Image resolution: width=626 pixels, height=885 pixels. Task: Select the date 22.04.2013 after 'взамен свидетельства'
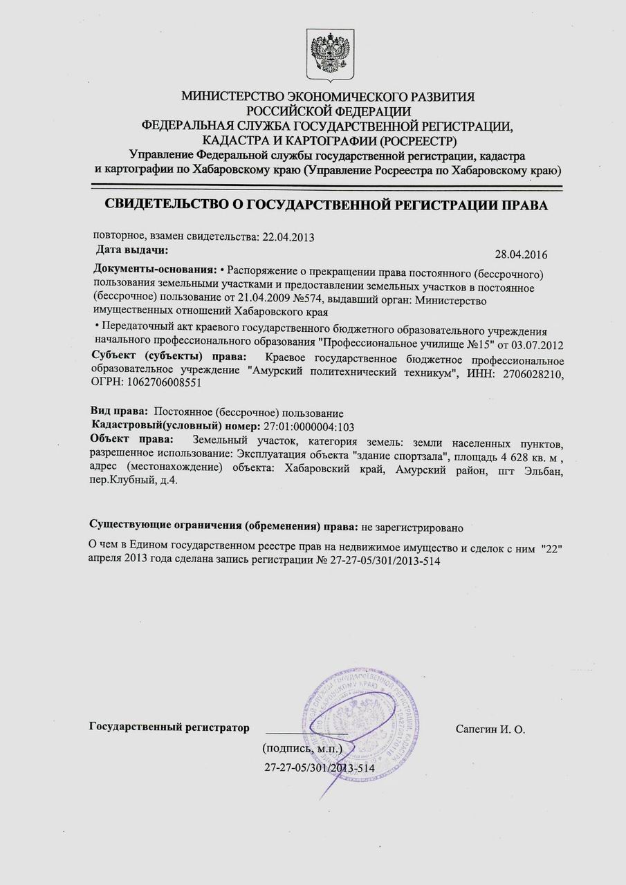pos(288,237)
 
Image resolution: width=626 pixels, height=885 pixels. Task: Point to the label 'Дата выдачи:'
pos(131,249)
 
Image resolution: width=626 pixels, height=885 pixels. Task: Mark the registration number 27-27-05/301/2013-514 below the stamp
pos(320,768)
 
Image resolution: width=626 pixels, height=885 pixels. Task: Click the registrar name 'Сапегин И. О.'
pos(491,729)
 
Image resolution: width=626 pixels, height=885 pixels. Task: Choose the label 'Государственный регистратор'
pos(168,727)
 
